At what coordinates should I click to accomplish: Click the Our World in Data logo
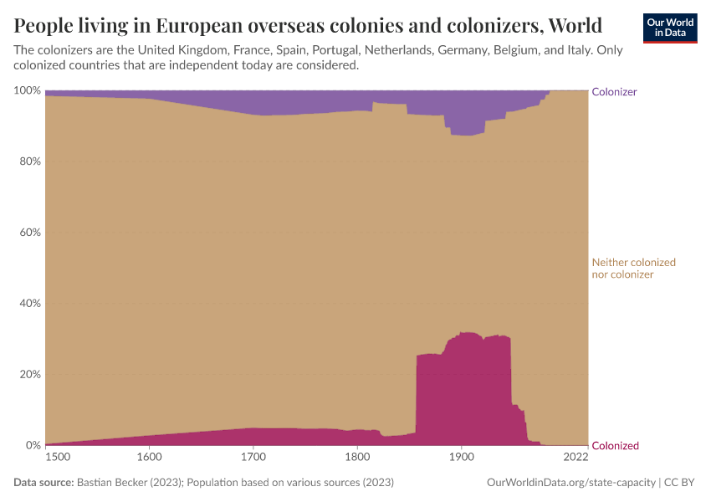click(x=669, y=28)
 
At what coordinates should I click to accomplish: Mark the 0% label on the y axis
click(x=32, y=445)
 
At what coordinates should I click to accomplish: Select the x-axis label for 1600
click(x=149, y=458)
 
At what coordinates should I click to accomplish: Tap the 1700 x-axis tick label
click(x=253, y=458)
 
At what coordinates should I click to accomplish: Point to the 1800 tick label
click(x=357, y=458)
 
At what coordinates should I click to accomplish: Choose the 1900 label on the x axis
click(x=461, y=458)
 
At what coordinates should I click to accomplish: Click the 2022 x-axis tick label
click(x=575, y=458)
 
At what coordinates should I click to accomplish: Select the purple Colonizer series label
click(x=614, y=92)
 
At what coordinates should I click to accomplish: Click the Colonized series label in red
click(x=615, y=446)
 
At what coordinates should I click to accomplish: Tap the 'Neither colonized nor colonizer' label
click(x=633, y=268)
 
